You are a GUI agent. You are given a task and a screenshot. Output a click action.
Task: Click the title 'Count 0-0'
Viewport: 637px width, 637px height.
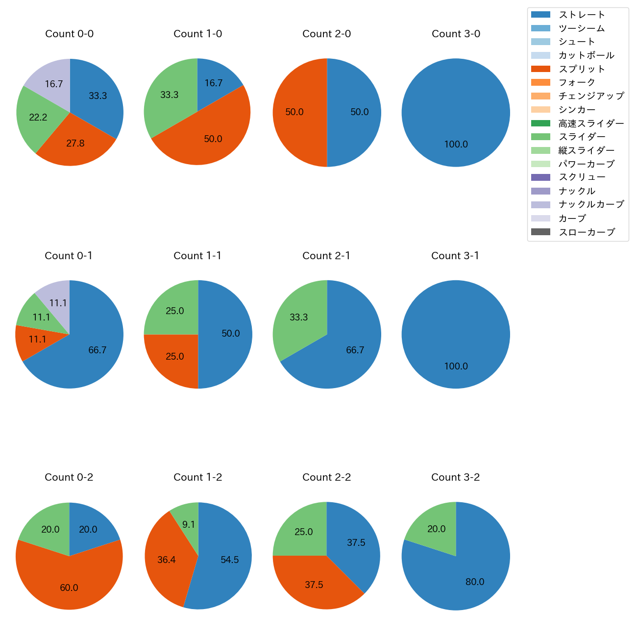70,34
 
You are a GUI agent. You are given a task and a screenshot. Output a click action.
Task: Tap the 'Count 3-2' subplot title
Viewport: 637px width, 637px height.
455,477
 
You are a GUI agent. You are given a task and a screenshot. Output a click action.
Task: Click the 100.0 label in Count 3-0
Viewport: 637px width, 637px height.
456,145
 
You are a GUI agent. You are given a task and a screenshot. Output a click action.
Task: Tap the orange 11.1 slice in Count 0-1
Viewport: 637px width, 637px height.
34,341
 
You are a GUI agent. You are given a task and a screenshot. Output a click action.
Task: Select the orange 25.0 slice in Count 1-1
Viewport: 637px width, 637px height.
174,358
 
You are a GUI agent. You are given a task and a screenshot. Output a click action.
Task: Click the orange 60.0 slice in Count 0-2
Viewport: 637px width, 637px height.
69,586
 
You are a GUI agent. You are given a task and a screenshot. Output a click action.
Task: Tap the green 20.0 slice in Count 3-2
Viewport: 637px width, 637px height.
434,529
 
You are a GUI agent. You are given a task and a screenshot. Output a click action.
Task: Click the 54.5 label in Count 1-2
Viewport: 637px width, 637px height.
229,560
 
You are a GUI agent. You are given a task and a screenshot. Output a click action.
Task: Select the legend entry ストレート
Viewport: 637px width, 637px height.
582,15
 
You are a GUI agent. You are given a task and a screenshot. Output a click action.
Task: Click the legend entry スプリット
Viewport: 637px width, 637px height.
582,69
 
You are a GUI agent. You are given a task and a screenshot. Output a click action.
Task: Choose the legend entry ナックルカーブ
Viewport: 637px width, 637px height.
591,204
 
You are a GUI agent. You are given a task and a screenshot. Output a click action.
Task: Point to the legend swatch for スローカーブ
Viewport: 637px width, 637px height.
540,232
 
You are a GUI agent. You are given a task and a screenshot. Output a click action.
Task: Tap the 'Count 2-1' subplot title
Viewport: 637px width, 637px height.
326,256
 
